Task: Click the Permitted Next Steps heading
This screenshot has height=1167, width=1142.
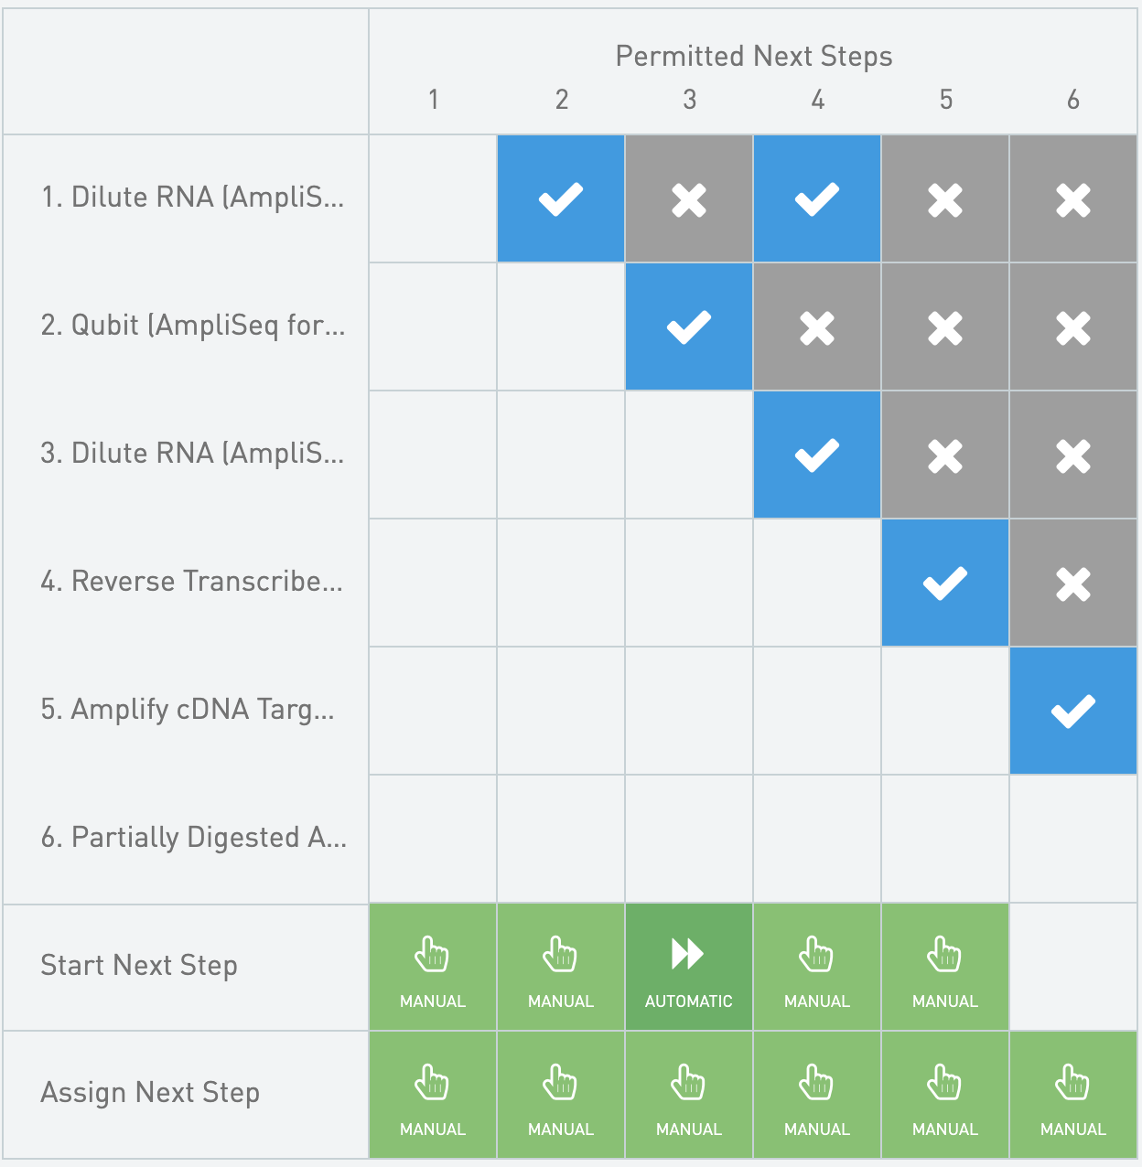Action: coord(754,57)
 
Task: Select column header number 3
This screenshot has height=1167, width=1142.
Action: coord(690,100)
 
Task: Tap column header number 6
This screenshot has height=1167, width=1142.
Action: coord(1073,100)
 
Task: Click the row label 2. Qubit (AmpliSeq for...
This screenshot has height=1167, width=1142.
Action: coord(193,326)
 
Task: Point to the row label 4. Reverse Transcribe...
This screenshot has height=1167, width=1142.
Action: coord(192,581)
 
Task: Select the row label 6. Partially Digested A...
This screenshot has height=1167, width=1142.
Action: coord(194,837)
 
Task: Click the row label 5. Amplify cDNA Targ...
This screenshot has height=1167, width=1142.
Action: coord(188,710)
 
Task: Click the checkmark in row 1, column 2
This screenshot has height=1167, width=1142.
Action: coord(561,198)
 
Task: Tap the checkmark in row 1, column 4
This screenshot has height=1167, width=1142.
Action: coord(817,198)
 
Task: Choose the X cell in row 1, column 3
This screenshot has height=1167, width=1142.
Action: coord(689,198)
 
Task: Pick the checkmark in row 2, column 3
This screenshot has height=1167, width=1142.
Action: coord(689,327)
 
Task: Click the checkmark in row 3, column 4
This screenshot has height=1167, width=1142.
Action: coord(817,455)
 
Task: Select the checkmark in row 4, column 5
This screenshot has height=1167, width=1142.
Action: coord(945,583)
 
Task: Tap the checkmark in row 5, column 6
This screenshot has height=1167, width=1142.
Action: coord(1073,711)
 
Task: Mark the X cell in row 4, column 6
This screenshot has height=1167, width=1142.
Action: coord(1073,583)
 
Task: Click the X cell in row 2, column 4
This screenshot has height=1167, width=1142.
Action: coord(817,327)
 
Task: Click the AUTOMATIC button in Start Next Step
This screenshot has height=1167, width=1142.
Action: coord(689,967)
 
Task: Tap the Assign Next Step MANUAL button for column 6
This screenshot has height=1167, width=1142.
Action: coord(1073,1095)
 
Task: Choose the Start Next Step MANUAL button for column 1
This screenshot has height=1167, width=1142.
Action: coord(433,967)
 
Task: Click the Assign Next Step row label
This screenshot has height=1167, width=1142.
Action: coord(150,1093)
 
